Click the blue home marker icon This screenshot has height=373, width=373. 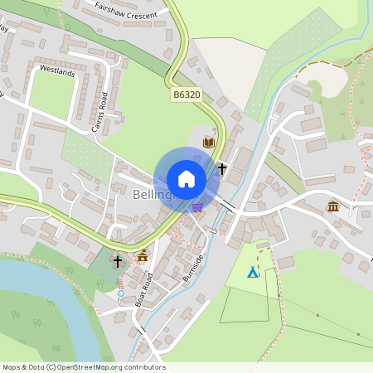point(186,178)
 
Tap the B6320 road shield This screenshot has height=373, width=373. point(186,96)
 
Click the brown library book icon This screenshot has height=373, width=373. point(209,143)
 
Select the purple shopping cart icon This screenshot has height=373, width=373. point(197,206)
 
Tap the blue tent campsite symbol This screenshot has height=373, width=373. point(253,272)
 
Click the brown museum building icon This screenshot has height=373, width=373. point(333,206)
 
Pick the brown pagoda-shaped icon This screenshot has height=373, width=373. point(143,256)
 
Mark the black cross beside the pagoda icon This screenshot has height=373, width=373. point(118,261)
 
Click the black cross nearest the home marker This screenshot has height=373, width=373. point(222,169)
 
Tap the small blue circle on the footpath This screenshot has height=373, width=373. point(121,293)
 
